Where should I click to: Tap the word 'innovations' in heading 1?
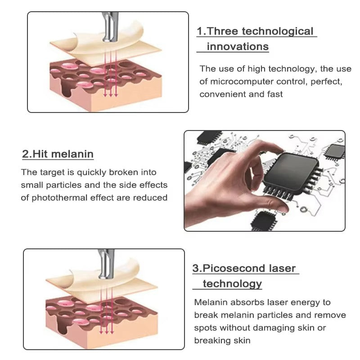[238, 46]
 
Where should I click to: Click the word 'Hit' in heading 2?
[40, 154]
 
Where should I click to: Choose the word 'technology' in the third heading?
[232, 283]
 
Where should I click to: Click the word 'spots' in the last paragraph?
[206, 328]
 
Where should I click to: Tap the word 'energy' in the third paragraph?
[310, 302]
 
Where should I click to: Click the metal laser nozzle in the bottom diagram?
[106, 265]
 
